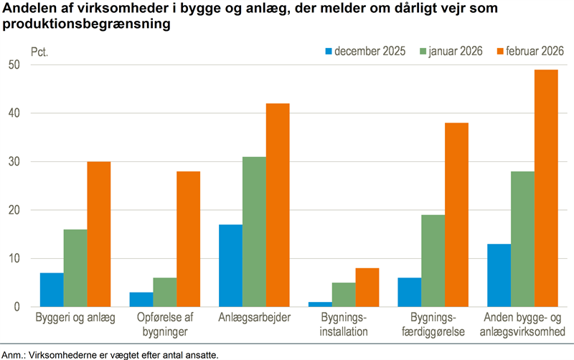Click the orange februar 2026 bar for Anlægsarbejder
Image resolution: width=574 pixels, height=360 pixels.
[278, 205]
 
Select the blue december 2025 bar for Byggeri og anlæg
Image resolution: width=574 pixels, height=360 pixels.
[52, 290]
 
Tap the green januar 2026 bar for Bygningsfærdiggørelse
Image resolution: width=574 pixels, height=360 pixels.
[433, 261]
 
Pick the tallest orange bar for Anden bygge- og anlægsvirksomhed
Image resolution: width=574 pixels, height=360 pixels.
[546, 188]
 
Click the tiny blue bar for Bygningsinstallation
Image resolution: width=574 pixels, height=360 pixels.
[321, 304]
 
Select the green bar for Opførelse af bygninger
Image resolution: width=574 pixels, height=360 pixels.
[164, 293]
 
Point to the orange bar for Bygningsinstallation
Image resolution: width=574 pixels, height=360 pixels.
[367, 288]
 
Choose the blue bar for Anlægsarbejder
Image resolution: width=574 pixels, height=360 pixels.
[231, 265]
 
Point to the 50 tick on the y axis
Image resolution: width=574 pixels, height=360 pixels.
[18, 65]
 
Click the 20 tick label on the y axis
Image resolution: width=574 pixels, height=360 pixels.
[18, 210]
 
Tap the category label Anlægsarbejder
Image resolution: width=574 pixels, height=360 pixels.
[254, 318]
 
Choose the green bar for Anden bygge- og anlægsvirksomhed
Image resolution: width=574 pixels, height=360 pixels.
[522, 240]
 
